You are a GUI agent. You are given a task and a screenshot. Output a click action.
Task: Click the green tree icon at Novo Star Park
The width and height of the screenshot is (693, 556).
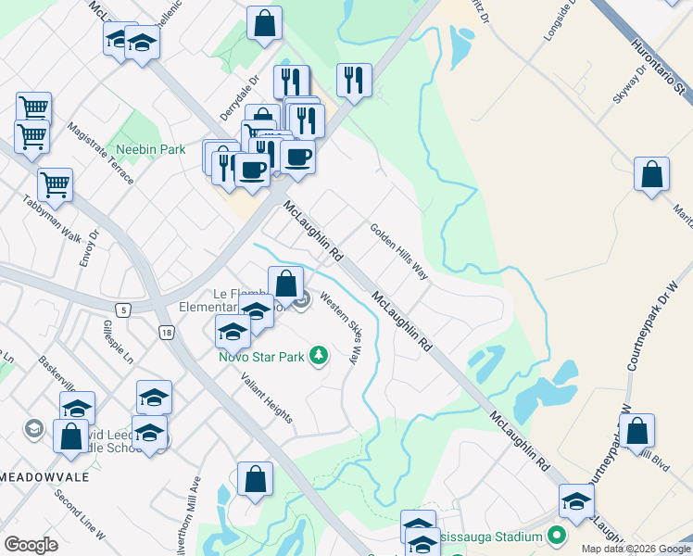(319, 355)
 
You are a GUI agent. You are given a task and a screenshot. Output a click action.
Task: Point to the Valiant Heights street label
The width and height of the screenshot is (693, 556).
(267, 398)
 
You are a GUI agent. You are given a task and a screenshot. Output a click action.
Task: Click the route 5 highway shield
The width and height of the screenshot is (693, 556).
(122, 310)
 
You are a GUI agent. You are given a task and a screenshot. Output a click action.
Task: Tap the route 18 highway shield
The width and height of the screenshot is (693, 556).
(166, 333)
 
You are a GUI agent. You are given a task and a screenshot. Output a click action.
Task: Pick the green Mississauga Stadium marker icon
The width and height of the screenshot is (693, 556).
(556, 536)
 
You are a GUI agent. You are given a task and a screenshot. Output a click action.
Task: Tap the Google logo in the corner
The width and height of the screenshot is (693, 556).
(31, 544)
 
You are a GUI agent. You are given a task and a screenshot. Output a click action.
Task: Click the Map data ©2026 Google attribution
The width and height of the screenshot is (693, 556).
(635, 549)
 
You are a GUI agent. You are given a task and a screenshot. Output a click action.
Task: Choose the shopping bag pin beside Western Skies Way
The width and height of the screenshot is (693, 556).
(286, 283)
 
